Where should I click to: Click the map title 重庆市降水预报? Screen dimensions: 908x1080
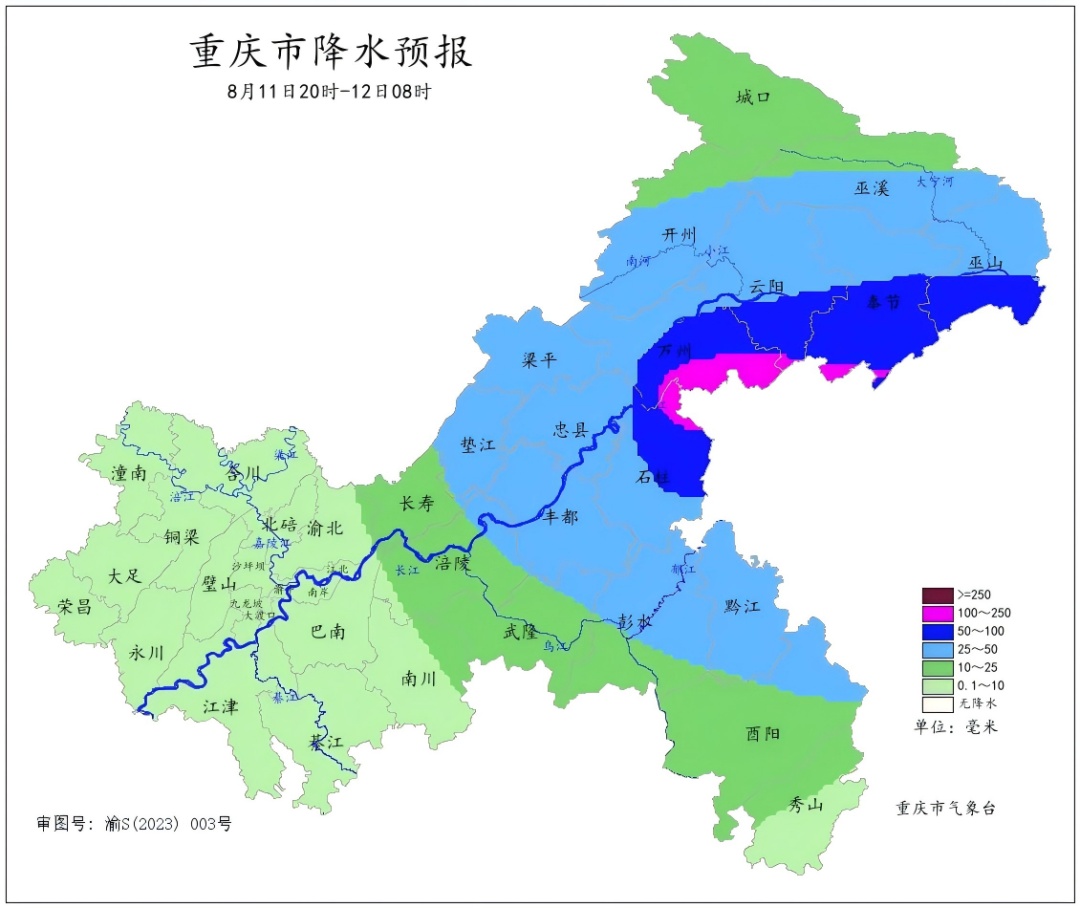331,51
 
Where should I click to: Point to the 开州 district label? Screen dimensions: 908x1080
678,234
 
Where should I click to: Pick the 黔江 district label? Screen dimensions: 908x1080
741,607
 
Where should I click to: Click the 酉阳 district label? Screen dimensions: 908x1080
764,733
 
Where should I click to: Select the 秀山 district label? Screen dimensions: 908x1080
806,803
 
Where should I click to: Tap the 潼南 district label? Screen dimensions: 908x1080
131,473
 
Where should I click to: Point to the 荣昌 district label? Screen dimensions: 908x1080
76,606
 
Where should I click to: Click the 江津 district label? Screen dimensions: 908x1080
220,706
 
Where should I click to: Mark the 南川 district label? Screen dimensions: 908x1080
418,679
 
